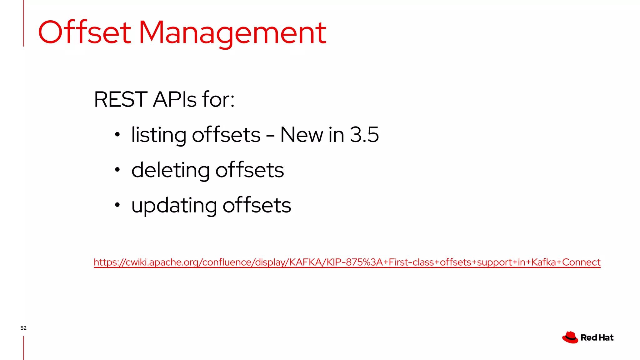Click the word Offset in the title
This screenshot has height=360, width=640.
(x=84, y=32)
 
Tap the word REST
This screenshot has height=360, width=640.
(x=121, y=99)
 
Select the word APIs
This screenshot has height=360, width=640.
(x=175, y=99)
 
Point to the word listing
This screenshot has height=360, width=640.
(x=158, y=135)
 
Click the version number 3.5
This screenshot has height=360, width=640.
(x=364, y=135)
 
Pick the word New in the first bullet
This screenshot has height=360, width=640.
(x=302, y=135)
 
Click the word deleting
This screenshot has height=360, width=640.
(x=170, y=170)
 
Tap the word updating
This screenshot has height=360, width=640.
(x=174, y=206)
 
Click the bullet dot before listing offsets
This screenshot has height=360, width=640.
(x=117, y=135)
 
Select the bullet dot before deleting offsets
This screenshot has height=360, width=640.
(x=117, y=170)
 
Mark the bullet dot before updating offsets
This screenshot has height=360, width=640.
(x=117, y=205)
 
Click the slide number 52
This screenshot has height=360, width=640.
(x=23, y=328)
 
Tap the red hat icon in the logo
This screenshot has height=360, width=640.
(x=570, y=337)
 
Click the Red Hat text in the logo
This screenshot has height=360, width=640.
(x=597, y=337)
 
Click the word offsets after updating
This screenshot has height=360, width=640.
(x=257, y=205)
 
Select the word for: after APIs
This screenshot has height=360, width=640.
(x=218, y=99)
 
